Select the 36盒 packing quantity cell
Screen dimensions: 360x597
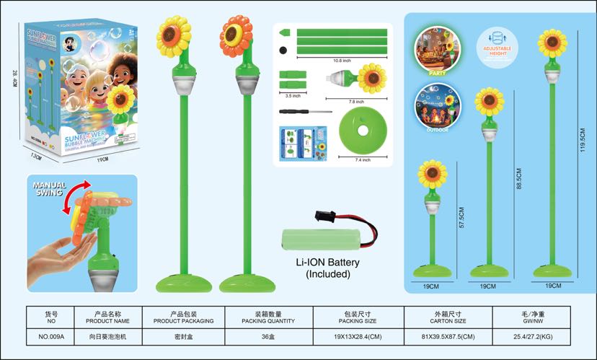click(268, 336)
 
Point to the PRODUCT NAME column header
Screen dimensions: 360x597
click(107, 320)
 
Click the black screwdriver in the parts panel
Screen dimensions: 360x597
click(304, 113)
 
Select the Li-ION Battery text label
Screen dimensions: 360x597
click(327, 263)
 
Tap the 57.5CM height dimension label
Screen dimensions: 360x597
click(461, 218)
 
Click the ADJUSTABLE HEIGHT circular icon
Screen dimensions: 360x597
click(495, 45)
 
